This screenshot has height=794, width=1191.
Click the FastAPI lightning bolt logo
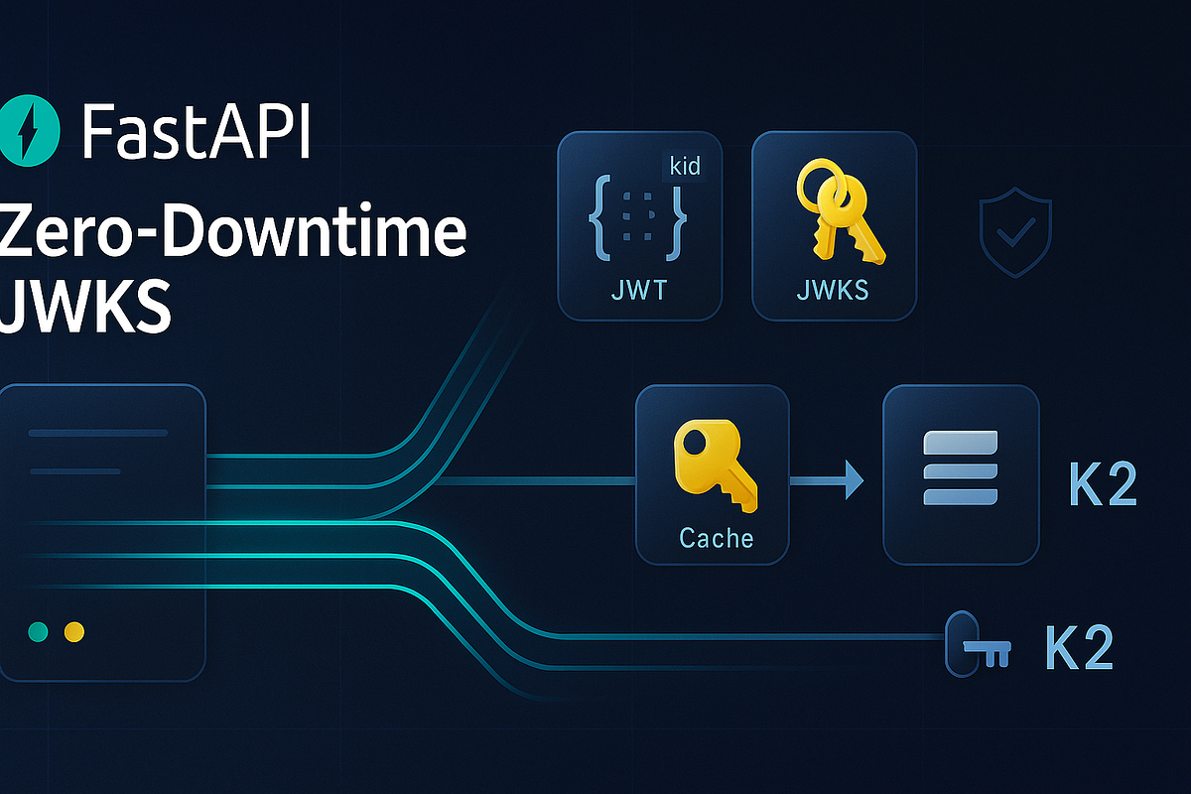coord(29,130)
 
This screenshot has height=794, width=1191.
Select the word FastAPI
coord(196,131)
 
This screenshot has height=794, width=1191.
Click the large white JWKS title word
coord(85,308)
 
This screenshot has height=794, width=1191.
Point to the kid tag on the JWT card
coord(685,167)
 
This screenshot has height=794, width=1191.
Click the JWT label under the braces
coord(639,291)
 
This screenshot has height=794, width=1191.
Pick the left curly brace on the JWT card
coord(600,218)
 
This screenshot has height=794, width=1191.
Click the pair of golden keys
coord(839,211)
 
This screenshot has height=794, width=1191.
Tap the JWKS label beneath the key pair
coord(833,291)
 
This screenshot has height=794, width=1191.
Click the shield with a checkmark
coord(1015,232)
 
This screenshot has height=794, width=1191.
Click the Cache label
coord(717,538)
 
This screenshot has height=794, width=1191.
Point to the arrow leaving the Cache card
coord(827,480)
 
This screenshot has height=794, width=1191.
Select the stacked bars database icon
coord(961,467)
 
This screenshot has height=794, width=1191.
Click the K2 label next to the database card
coord(1103,484)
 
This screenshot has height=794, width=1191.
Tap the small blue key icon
coord(978,644)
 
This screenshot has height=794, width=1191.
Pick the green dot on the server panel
coord(38,632)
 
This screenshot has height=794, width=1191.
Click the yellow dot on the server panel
coord(73,632)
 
